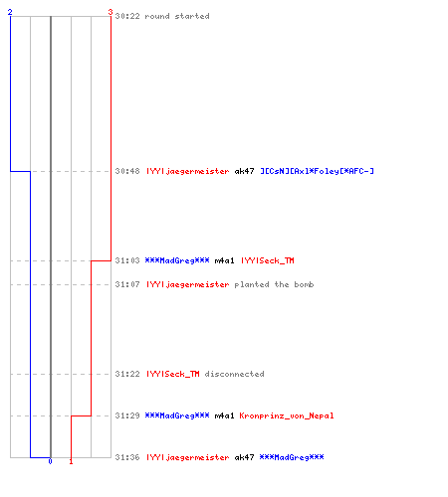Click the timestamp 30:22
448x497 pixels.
pos(127,16)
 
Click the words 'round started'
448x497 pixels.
pos(177,16)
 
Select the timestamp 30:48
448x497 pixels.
pos(127,171)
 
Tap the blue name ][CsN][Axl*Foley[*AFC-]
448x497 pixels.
pos(317,171)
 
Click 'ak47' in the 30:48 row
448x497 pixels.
pos(244,171)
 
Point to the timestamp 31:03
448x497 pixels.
pos(127,260)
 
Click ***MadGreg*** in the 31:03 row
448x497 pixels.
pos(177,260)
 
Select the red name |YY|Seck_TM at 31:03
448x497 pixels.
pos(268,260)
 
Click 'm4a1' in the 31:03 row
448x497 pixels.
pos(224,260)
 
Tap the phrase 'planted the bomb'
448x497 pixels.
pos(274,284)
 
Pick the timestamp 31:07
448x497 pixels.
pos(127,284)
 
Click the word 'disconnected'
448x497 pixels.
pos(234,374)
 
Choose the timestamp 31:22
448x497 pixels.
pos(127,374)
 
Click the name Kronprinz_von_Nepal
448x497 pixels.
pos(287,415)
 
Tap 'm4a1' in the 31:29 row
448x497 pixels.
pos(224,415)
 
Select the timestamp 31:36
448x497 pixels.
pos(127,457)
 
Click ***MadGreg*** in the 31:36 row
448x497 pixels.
pos(292,457)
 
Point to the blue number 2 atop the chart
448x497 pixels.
pos(10,12)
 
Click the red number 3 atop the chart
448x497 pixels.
pos(111,12)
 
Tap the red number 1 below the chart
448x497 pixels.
pos(71,461)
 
